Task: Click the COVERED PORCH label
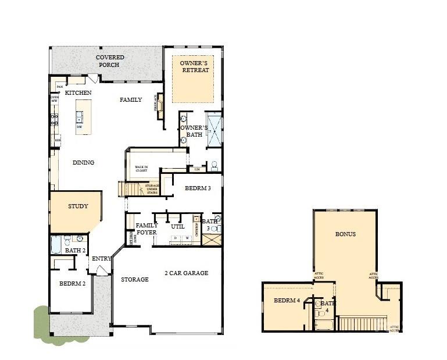[108, 61]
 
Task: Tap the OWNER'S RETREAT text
[194, 66]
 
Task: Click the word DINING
[83, 163]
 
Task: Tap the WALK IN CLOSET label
[142, 169]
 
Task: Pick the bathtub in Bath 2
[56, 244]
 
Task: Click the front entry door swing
[102, 270]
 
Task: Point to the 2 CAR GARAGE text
[186, 273]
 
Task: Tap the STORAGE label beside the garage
[134, 280]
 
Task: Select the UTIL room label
[178, 226]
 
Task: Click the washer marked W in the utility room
[187, 238]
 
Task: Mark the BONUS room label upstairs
[345, 234]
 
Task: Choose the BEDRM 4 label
[286, 301]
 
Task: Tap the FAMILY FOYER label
[146, 229]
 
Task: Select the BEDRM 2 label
[72, 284]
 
